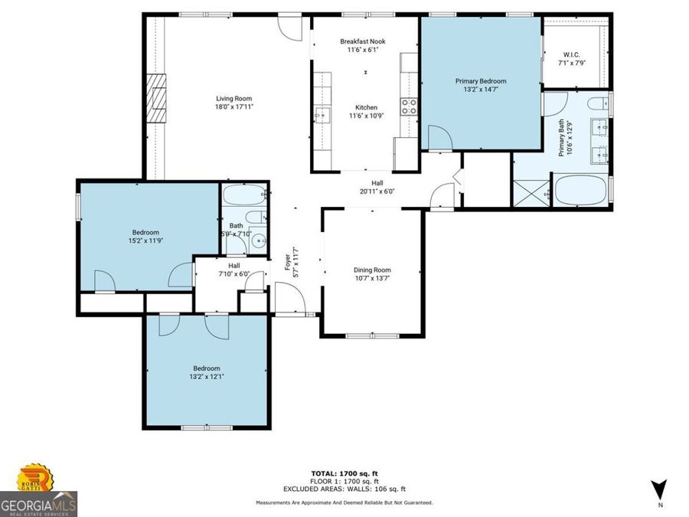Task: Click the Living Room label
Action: [233, 98]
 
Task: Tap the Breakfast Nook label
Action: [363, 41]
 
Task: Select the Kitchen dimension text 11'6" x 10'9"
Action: [365, 116]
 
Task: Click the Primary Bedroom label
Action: [480, 80]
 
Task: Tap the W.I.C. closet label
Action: [573, 54]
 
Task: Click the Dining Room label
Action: [372, 270]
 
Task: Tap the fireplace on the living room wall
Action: [158, 98]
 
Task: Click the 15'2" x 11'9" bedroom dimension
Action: [145, 241]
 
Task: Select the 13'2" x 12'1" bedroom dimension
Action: [206, 377]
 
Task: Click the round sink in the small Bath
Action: [257, 243]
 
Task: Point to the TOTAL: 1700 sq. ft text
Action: [344, 474]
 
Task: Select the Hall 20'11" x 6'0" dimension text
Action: [377, 191]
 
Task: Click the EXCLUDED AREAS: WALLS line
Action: [344, 489]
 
